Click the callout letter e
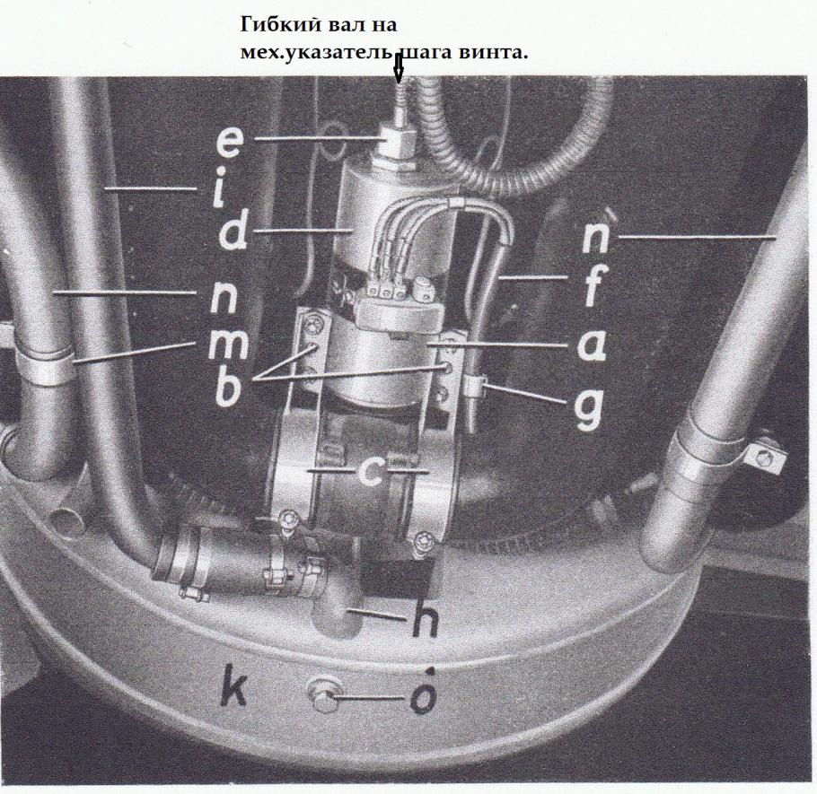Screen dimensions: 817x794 coord(227,142)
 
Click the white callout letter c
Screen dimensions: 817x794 coord(371,470)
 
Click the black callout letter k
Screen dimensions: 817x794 coord(232,685)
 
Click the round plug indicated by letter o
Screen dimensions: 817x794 coord(323,695)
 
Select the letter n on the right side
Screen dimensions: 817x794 coord(597,238)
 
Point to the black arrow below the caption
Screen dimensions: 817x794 coord(399,68)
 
